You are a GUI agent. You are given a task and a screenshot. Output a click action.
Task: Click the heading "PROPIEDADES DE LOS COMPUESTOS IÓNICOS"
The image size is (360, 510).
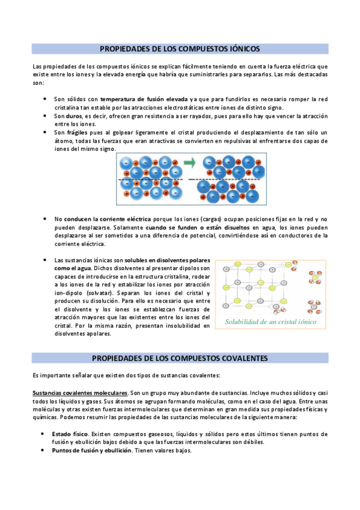pyautogui.click(x=180, y=48)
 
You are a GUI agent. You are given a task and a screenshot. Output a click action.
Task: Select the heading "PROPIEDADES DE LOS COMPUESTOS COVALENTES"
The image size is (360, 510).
pyautogui.click(x=180, y=358)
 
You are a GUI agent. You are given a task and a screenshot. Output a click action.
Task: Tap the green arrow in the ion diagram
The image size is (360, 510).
pyautogui.click(x=189, y=162)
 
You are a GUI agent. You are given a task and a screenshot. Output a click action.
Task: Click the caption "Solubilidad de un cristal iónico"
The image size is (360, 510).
pyautogui.click(x=270, y=322)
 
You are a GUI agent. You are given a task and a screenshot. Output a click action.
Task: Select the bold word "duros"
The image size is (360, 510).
pyautogui.click(x=74, y=115)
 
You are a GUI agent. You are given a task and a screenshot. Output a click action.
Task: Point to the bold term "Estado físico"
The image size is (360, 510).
pyautogui.click(x=71, y=434)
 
